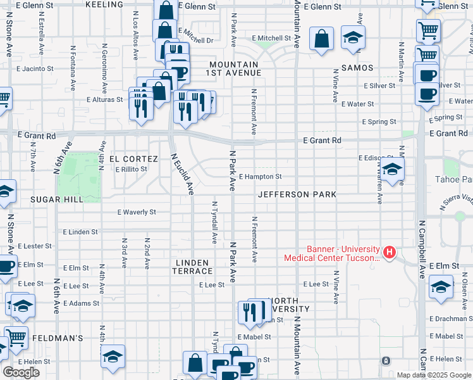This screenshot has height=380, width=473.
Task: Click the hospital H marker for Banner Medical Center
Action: [390, 253]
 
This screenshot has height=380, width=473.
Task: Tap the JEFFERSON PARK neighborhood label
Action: [297, 194]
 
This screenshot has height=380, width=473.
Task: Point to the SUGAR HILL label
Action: [56, 199]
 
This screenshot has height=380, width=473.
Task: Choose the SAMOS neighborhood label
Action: [357, 67]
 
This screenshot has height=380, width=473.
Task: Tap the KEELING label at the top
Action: [103, 4]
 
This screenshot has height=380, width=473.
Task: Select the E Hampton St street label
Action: [260, 177]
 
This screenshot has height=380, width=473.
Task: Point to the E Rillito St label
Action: [131, 169]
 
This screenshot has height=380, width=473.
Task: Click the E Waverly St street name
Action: [137, 212]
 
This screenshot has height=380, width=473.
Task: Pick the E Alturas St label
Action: [104, 99]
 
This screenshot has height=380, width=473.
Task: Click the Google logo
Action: [21, 372]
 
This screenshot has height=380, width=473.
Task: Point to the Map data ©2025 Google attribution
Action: [434, 375]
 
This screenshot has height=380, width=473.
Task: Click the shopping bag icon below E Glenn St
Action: [322, 39]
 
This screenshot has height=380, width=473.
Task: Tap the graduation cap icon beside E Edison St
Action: [393, 170]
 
